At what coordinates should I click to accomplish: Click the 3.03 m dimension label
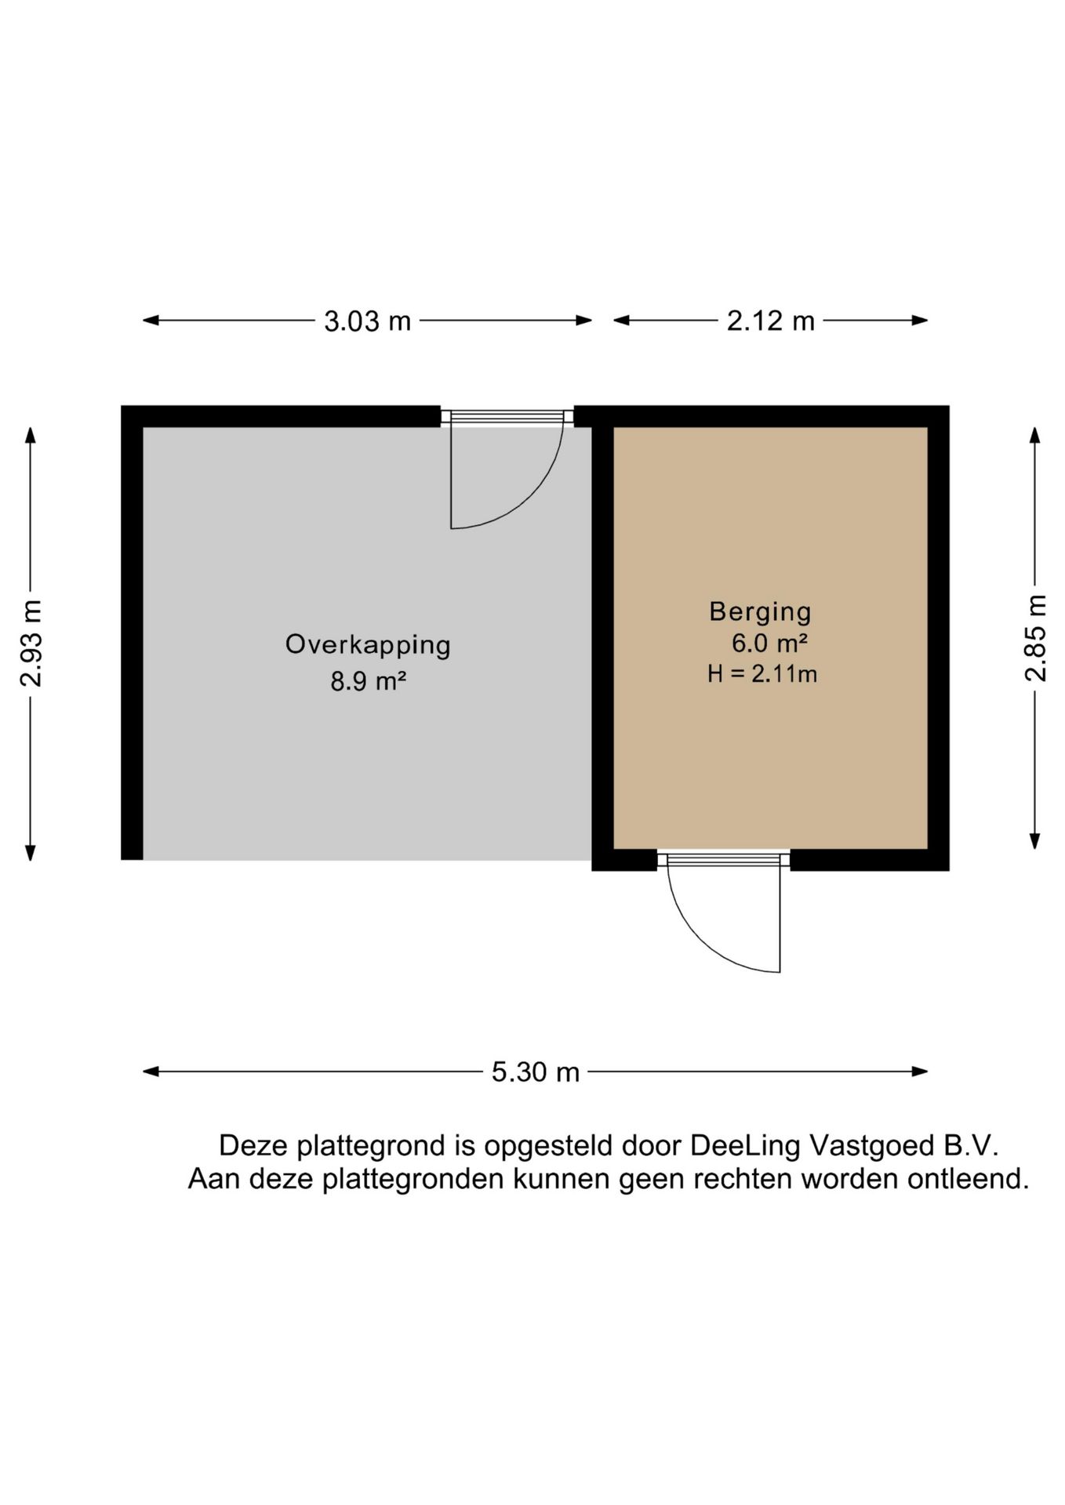click(367, 321)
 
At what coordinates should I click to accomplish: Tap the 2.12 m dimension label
click(770, 321)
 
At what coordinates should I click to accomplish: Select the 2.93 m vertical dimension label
click(31, 643)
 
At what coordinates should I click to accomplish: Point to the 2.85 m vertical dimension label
click(1036, 638)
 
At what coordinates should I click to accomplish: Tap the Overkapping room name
click(368, 645)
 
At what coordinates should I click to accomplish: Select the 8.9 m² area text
click(368, 682)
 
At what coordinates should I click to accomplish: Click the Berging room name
click(760, 611)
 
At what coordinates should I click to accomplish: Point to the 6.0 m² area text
click(769, 644)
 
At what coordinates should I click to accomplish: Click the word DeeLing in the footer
click(745, 1147)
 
